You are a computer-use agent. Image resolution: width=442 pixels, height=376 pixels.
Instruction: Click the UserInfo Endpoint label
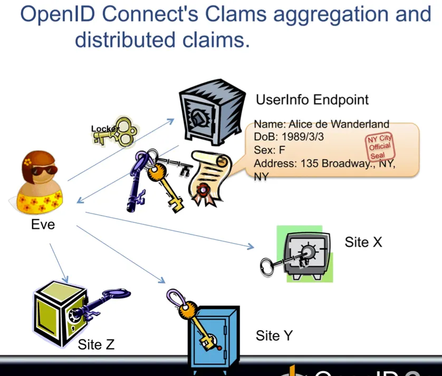pyautogui.click(x=312, y=100)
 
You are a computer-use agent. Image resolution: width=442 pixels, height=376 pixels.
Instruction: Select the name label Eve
pyautogui.click(x=43, y=224)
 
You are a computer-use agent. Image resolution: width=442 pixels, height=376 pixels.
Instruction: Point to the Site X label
pyautogui.click(x=363, y=242)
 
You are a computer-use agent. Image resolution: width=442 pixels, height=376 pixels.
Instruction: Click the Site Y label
pyautogui.click(x=274, y=335)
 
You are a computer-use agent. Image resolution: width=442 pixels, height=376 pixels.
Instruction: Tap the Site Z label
pyautogui.click(x=96, y=345)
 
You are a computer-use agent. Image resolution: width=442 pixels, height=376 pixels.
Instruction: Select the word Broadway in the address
pyautogui.click(x=349, y=163)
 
